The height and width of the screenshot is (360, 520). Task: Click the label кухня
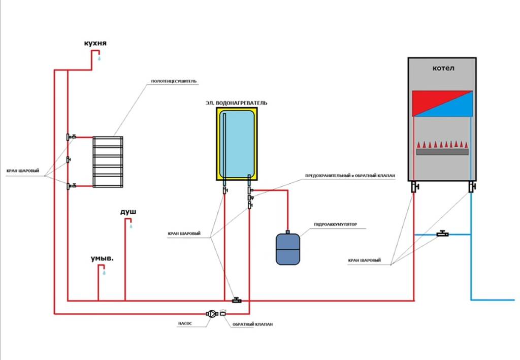tap(95, 45)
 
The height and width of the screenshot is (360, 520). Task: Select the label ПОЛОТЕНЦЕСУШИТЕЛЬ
tap(174, 82)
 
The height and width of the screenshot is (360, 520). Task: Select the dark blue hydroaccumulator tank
tap(288, 249)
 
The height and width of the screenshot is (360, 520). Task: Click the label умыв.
tap(102, 258)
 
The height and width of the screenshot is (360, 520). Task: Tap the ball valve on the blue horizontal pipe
tap(442, 234)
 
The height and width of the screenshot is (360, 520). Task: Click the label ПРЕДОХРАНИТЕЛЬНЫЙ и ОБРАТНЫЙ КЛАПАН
tap(349, 176)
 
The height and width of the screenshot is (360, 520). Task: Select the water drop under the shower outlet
tap(131, 226)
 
